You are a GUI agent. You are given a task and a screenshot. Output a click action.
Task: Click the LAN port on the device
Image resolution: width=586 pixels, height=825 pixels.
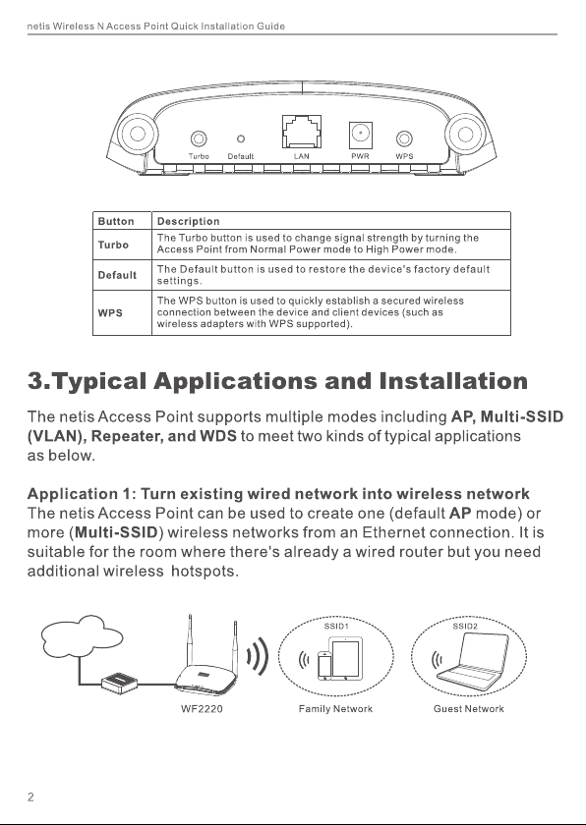pyautogui.click(x=302, y=132)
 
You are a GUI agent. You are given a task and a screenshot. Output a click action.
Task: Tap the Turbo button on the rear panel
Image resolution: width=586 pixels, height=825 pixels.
pyautogui.click(x=199, y=138)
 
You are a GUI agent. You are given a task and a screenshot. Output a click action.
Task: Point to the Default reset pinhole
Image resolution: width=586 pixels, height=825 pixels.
pyautogui.click(x=241, y=138)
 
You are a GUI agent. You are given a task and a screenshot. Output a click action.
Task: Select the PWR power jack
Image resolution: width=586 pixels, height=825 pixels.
pyautogui.click(x=361, y=135)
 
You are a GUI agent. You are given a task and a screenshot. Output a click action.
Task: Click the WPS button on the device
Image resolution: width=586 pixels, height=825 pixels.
pyautogui.click(x=404, y=138)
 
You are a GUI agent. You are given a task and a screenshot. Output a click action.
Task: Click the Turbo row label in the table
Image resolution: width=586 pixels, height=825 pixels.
pyautogui.click(x=113, y=245)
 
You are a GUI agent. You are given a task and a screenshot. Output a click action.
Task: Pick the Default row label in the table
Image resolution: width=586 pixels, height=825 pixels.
pyautogui.click(x=117, y=275)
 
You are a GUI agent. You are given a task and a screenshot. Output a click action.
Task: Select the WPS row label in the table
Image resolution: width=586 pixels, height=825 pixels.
pyautogui.click(x=110, y=313)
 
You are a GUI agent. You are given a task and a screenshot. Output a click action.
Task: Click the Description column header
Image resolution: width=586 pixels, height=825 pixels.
pyautogui.click(x=188, y=222)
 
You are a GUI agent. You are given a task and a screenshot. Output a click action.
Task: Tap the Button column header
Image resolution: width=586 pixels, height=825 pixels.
pyautogui.click(x=116, y=222)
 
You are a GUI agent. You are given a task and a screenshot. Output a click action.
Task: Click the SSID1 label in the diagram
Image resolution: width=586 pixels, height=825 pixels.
pyautogui.click(x=336, y=627)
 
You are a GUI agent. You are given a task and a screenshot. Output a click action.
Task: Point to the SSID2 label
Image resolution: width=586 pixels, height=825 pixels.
pyautogui.click(x=465, y=627)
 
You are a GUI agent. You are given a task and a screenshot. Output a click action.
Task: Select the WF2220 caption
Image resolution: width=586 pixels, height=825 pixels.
pyautogui.click(x=202, y=709)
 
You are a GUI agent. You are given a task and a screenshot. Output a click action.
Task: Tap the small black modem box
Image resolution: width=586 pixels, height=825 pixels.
pyautogui.click(x=120, y=683)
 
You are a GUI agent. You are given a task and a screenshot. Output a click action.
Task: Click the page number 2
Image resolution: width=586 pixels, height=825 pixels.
pyautogui.click(x=30, y=797)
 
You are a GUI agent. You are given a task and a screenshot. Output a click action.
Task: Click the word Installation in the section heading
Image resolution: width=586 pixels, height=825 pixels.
pyautogui.click(x=453, y=381)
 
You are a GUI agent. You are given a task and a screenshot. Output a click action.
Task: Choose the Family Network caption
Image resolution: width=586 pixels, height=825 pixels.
pyautogui.click(x=335, y=709)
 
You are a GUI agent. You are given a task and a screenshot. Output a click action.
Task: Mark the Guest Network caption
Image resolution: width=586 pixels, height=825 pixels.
pyautogui.click(x=469, y=709)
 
